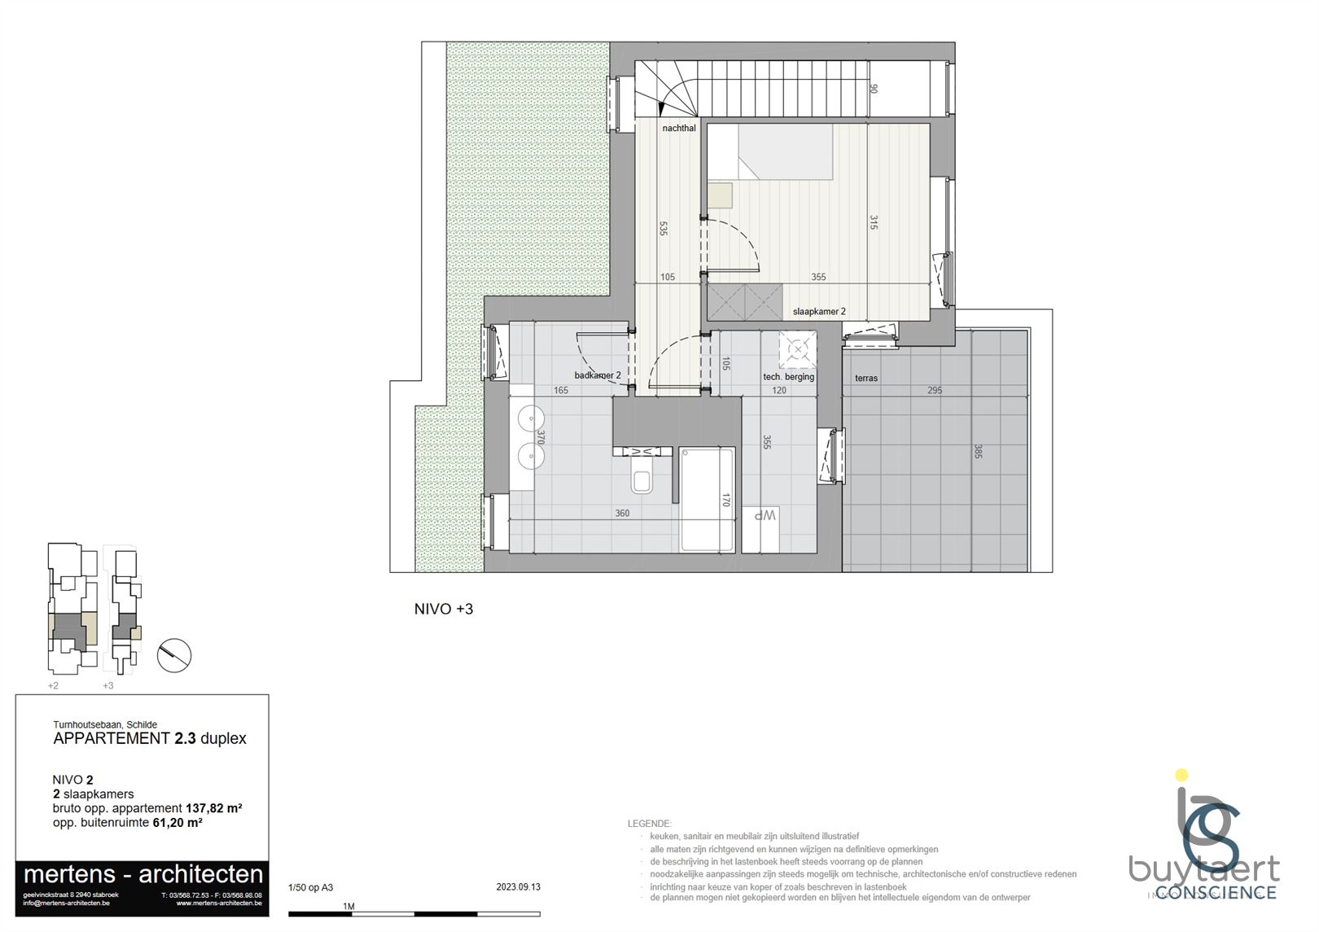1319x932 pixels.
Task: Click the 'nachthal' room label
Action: pyautogui.click(x=679, y=129)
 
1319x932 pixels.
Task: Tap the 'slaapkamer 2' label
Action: pyautogui.click(x=819, y=312)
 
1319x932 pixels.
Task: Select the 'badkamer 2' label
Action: pyautogui.click(x=598, y=375)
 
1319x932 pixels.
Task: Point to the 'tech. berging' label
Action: pyautogui.click(x=788, y=377)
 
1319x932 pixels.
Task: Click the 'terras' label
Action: pyautogui.click(x=866, y=378)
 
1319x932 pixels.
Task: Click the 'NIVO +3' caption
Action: pyautogui.click(x=444, y=609)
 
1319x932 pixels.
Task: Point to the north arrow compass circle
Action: pyautogui.click(x=173, y=654)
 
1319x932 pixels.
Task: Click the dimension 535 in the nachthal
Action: pyautogui.click(x=664, y=229)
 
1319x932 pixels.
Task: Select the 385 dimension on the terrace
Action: pyautogui.click(x=978, y=451)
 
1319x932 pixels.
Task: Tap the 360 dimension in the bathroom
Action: pyautogui.click(x=622, y=514)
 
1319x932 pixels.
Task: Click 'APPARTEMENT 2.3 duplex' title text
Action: pyautogui.click(x=149, y=739)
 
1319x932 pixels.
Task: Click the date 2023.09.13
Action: pyautogui.click(x=518, y=887)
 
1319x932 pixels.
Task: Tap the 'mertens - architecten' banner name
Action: pyautogui.click(x=143, y=875)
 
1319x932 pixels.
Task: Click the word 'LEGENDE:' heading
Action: pyautogui.click(x=649, y=825)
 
